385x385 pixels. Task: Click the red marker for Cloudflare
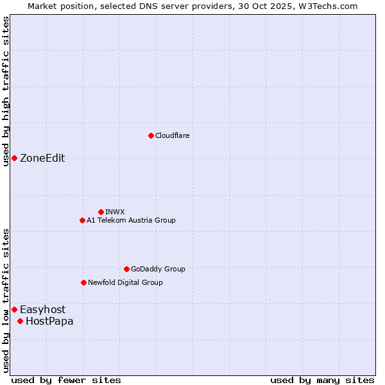click(151, 135)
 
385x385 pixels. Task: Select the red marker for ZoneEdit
click(14, 158)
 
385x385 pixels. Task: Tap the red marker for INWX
click(101, 212)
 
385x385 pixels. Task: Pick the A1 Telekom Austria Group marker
click(82, 221)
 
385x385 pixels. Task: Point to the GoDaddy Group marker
click(126, 269)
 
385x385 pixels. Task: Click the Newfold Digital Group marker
click(83, 282)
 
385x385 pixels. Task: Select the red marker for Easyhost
click(14, 310)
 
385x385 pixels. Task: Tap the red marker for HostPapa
click(20, 321)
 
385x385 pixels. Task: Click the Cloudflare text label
click(173, 136)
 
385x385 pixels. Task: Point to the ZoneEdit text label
click(42, 158)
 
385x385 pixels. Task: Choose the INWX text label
click(115, 212)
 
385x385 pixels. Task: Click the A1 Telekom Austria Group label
click(131, 221)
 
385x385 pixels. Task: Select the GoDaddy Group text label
click(158, 269)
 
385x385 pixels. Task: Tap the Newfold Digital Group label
click(125, 282)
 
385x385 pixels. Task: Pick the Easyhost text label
click(42, 310)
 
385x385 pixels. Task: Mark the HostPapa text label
click(49, 321)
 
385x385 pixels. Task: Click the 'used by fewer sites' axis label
click(66, 381)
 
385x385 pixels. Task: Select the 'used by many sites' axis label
click(322, 381)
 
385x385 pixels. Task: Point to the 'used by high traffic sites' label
click(6, 91)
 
